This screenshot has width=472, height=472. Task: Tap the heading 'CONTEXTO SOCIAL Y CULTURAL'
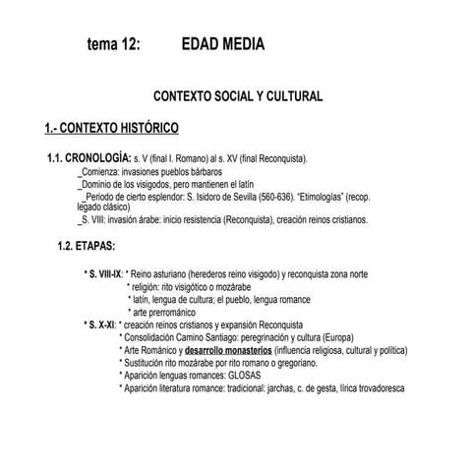tap(239, 97)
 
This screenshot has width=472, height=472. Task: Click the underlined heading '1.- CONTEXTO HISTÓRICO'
tap(110, 128)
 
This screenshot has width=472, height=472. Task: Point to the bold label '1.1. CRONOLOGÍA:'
tap(88, 157)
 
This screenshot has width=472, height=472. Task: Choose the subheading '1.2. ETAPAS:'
tap(88, 244)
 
